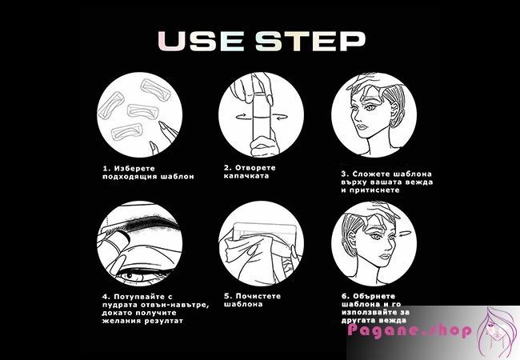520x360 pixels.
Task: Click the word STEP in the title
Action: [310, 41]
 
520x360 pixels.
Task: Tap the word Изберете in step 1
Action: [134, 168]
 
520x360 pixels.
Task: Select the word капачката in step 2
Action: [246, 176]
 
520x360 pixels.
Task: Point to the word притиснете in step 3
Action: [374, 190]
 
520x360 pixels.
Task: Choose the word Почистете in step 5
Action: [258, 296]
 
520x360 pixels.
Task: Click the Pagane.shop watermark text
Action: [410, 330]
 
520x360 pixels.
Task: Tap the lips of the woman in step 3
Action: [361, 127]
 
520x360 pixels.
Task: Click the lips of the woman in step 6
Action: [384, 257]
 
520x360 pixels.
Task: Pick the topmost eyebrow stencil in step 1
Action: [155, 90]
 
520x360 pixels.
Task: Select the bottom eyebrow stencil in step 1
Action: [127, 133]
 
